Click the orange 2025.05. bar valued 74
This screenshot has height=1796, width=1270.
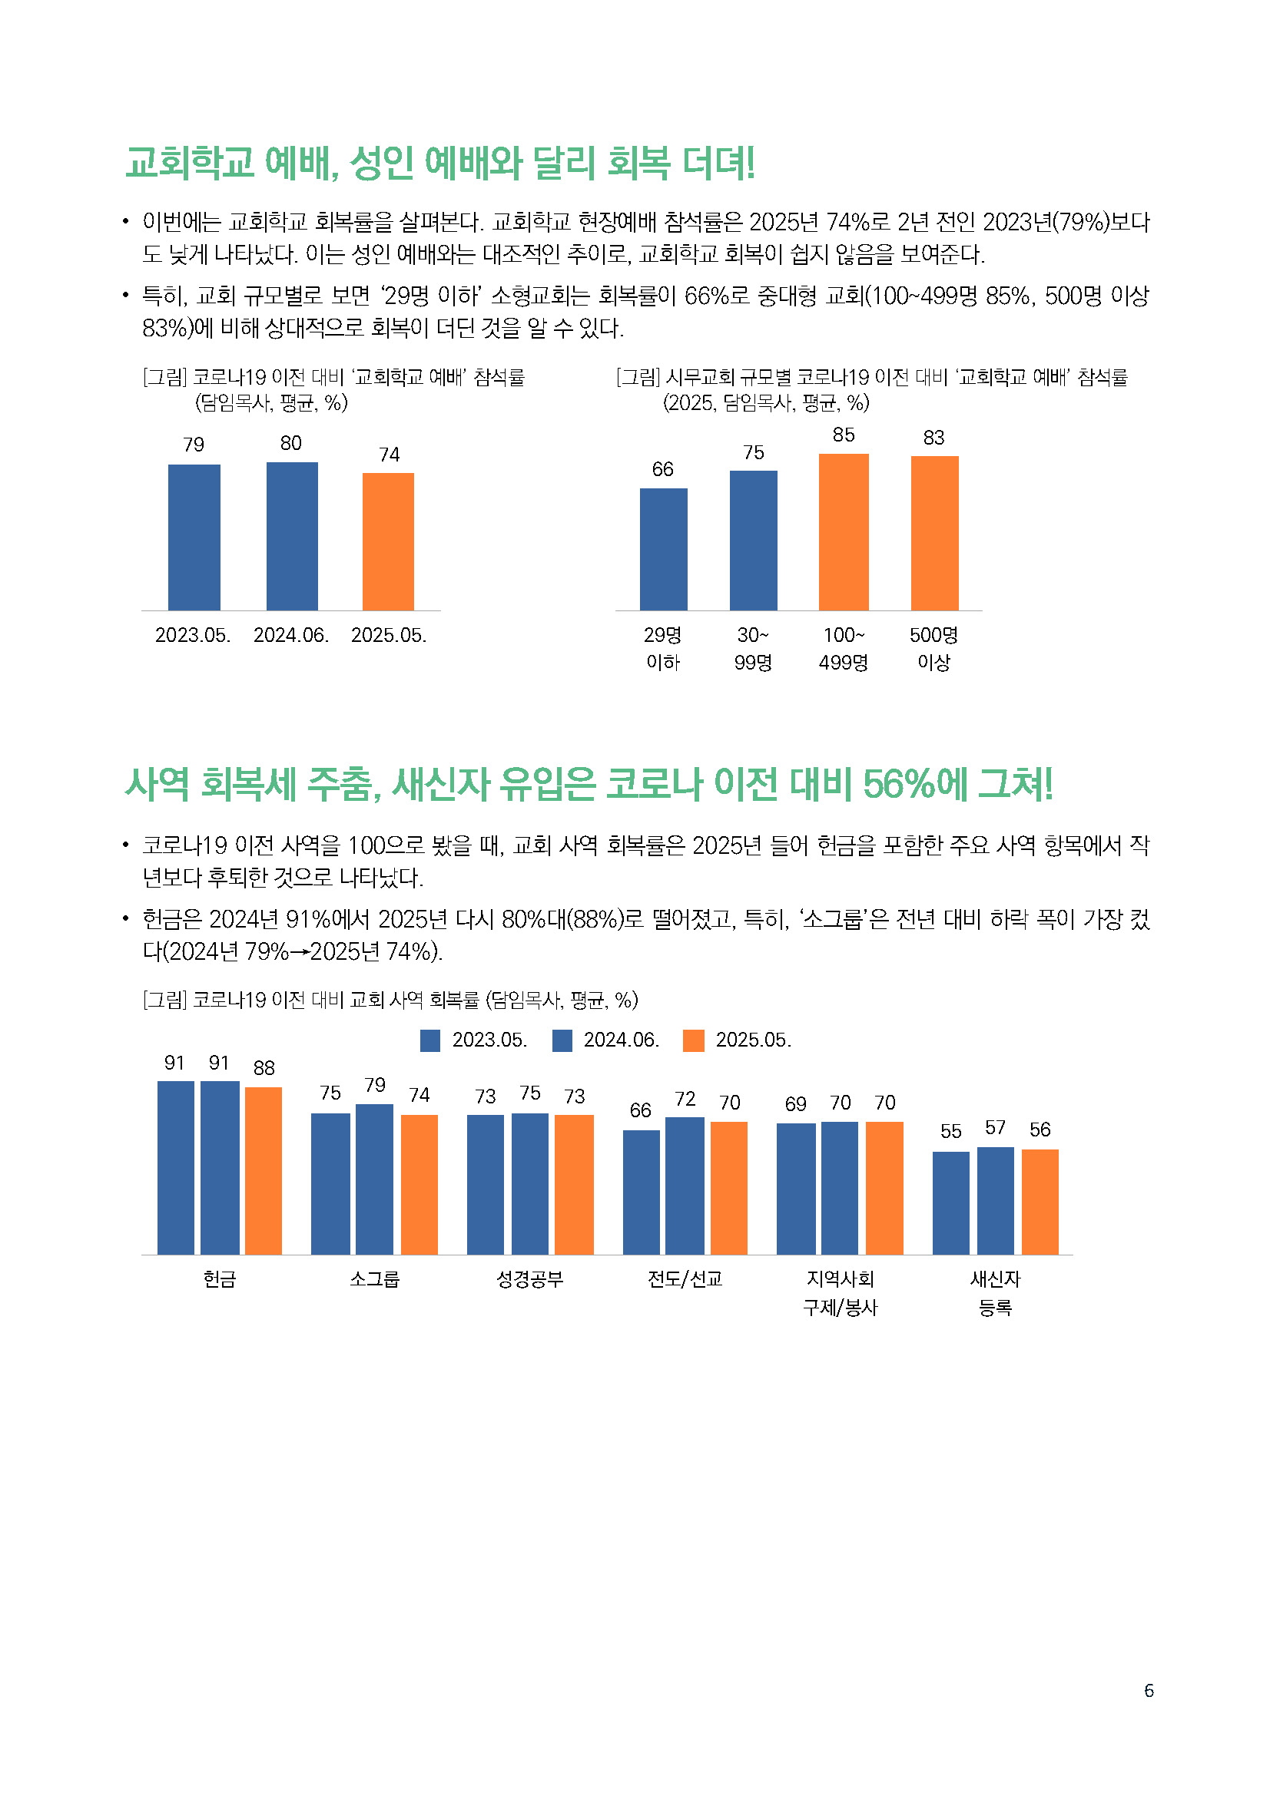click(388, 541)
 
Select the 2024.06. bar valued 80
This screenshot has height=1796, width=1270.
click(292, 536)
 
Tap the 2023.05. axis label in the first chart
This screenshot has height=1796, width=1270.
click(193, 635)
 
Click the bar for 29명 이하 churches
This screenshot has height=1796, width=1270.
click(664, 549)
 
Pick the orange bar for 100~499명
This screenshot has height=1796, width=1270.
click(844, 532)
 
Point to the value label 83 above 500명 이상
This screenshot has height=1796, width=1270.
click(933, 437)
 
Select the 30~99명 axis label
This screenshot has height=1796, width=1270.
click(753, 649)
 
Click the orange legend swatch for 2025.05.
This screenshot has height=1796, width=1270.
click(693, 1040)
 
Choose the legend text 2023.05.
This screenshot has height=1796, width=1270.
click(490, 1040)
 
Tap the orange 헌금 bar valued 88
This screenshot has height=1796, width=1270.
click(263, 1170)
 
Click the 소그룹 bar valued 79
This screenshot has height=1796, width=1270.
click(374, 1179)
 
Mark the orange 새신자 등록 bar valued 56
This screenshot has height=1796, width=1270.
click(1040, 1202)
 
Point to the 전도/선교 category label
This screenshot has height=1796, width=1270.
click(685, 1279)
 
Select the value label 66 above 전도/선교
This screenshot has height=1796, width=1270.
click(640, 1110)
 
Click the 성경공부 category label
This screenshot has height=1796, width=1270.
click(530, 1279)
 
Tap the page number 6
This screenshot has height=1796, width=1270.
click(1149, 1690)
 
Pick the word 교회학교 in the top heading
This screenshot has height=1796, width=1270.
click(189, 163)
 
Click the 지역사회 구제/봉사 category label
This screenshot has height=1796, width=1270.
click(841, 1292)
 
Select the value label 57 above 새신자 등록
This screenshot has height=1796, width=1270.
click(994, 1127)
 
